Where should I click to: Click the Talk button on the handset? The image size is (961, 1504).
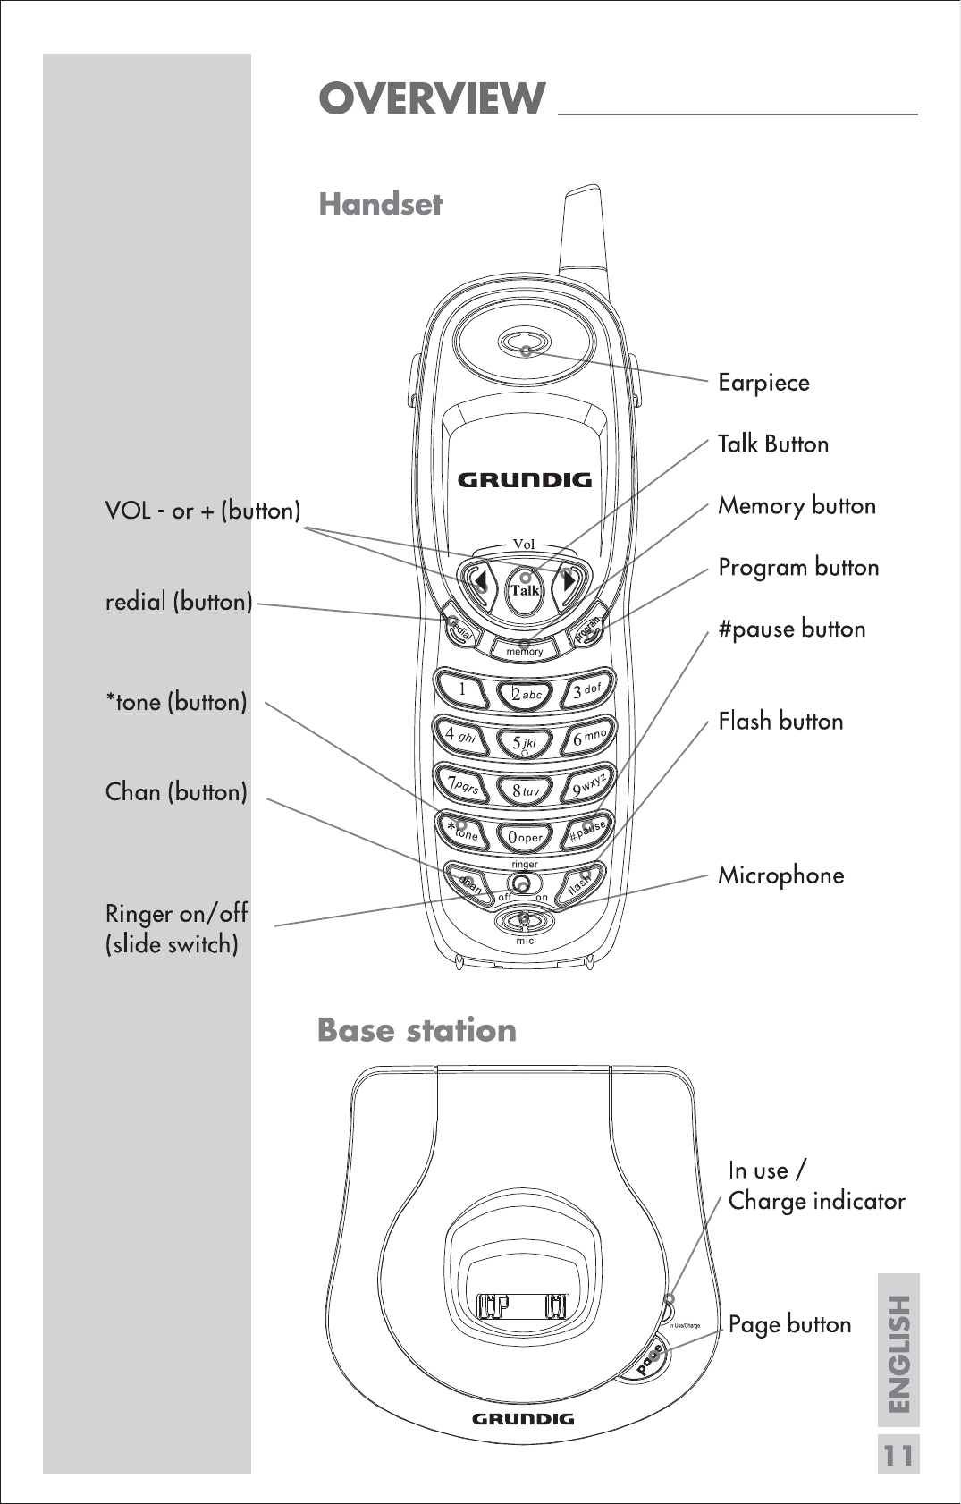[525, 588]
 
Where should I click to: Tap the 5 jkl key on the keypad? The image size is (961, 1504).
[524, 742]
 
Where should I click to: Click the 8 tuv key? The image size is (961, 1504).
[525, 790]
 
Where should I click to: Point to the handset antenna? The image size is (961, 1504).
[580, 232]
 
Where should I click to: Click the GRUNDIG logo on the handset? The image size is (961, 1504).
[525, 480]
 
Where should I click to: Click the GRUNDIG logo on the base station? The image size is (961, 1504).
[523, 1418]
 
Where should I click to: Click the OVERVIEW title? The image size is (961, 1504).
[432, 98]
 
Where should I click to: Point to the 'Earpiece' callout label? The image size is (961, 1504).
[763, 383]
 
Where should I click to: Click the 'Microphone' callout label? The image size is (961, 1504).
[780, 875]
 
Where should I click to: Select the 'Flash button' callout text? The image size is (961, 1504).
[780, 721]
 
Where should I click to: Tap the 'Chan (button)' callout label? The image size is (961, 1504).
[176, 792]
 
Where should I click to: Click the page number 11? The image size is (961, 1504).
[898, 1456]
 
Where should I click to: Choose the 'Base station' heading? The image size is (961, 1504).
[417, 1030]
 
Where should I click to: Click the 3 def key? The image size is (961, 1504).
[587, 690]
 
